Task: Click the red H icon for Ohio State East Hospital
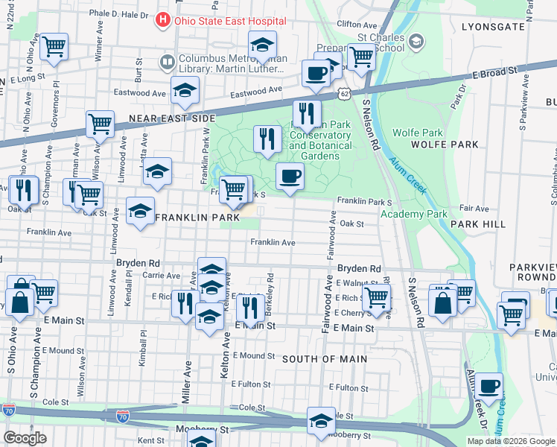click(163, 21)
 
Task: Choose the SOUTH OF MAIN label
click(325, 359)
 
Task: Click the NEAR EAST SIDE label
click(172, 118)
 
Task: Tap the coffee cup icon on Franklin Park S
click(290, 177)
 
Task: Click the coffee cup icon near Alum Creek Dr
click(488, 385)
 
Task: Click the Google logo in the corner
click(25, 438)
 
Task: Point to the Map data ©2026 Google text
click(511, 441)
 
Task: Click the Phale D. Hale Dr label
click(119, 14)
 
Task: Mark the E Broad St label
click(494, 72)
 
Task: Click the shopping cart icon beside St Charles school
click(361, 56)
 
